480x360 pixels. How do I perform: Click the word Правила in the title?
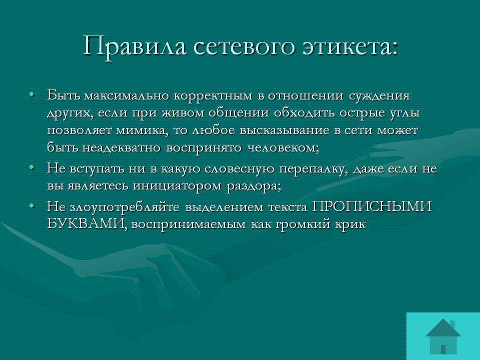134,46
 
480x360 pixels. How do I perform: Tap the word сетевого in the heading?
244,47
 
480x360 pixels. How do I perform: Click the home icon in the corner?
443,336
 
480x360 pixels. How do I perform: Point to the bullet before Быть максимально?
31,94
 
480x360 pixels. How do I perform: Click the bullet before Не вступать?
31,167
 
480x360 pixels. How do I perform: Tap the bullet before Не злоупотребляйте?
31,205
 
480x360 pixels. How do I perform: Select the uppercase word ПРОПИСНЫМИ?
371,206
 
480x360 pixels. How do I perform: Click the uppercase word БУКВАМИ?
87,224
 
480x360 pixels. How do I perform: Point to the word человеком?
283,148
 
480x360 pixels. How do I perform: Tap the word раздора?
254,186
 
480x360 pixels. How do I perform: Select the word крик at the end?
349,224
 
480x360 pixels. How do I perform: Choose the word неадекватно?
121,148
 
